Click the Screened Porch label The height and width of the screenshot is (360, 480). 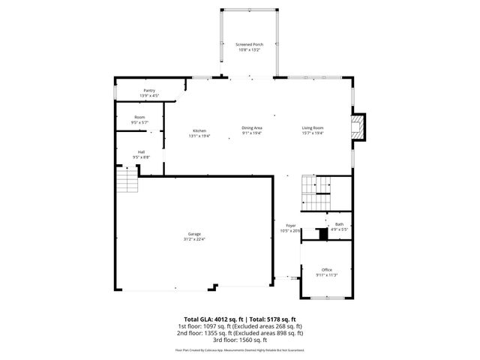pyautogui.click(x=249, y=45)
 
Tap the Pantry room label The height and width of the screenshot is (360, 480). pyautogui.click(x=149, y=91)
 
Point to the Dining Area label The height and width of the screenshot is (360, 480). pyautogui.click(x=251, y=128)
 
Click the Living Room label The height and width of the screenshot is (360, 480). pyautogui.click(x=313, y=128)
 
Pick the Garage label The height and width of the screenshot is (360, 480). pyautogui.click(x=194, y=234)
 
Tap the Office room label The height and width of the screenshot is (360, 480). pyautogui.click(x=326, y=270)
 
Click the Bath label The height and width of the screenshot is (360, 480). pyautogui.click(x=339, y=224)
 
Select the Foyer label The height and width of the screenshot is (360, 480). pyautogui.click(x=291, y=226)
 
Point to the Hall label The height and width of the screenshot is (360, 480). pyautogui.click(x=141, y=151)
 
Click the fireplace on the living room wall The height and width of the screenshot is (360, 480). pyautogui.click(x=361, y=127)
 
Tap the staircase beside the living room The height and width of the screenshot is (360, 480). pyautogui.click(x=316, y=194)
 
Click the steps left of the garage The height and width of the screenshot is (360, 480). pyautogui.click(x=127, y=181)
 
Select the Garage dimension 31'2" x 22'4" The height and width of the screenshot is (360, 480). pyautogui.click(x=194, y=239)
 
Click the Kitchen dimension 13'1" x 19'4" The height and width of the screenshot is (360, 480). pyautogui.click(x=199, y=136)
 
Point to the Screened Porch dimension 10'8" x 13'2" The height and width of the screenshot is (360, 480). pyautogui.click(x=249, y=50)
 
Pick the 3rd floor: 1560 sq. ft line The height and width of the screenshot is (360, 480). pyautogui.click(x=240, y=339)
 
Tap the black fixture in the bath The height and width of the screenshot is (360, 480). pyautogui.click(x=322, y=234)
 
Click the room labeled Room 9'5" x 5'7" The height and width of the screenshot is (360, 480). pyautogui.click(x=139, y=119)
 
